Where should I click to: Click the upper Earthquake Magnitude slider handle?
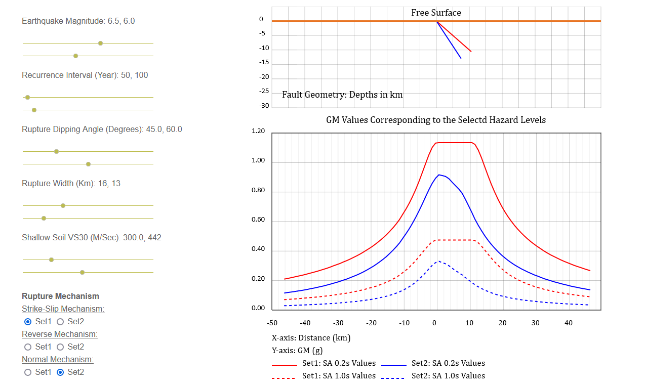coord(100,43)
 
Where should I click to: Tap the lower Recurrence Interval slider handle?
coord(34,110)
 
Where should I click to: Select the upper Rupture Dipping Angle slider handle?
coord(56,151)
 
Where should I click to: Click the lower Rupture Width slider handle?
coord(44,218)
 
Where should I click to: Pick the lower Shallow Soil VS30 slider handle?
coord(82,272)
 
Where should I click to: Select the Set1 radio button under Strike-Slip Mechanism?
coord(28,321)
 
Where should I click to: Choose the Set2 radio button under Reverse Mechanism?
coord(60,347)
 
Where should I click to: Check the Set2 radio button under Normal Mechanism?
coord(60,372)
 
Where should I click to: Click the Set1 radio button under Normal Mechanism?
coord(28,372)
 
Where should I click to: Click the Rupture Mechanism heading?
coord(60,296)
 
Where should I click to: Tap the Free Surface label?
coord(436,13)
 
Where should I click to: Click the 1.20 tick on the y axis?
coord(258,131)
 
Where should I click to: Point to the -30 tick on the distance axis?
coord(338,323)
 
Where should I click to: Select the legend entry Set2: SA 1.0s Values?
coord(448,376)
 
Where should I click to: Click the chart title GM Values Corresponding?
coord(436,120)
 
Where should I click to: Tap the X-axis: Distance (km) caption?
coord(311,337)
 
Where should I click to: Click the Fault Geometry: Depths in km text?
coord(342,95)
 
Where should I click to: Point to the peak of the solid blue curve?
coord(438,175)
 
